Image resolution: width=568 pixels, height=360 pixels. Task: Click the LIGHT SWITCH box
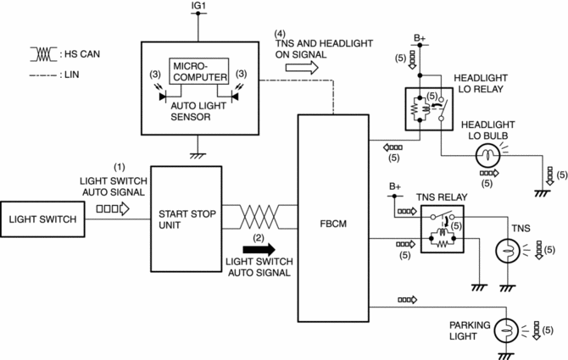[42, 219]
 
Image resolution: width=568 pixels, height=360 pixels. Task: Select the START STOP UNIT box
[186, 219]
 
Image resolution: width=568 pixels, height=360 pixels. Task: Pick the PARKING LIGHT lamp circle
[505, 329]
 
